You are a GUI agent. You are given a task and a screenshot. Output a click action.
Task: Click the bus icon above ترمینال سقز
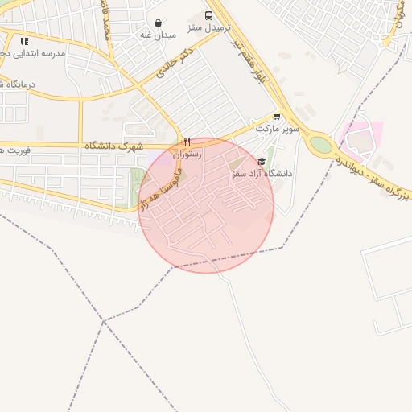(x=209, y=16)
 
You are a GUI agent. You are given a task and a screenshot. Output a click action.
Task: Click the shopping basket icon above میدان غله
(x=158, y=23)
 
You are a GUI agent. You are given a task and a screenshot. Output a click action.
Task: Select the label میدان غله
(x=158, y=35)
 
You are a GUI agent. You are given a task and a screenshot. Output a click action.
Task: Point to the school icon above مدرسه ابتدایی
(x=25, y=40)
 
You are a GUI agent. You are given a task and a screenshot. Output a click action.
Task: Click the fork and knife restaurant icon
(x=187, y=142)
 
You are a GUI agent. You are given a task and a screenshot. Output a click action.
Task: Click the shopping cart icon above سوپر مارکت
(x=278, y=116)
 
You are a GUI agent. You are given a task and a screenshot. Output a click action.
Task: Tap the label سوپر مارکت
(x=278, y=128)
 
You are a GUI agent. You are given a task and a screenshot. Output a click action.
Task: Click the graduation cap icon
(x=262, y=161)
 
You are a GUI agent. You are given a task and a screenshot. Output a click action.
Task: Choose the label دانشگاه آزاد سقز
(x=262, y=173)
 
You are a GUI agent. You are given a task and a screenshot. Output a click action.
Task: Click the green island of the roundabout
(x=320, y=145)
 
